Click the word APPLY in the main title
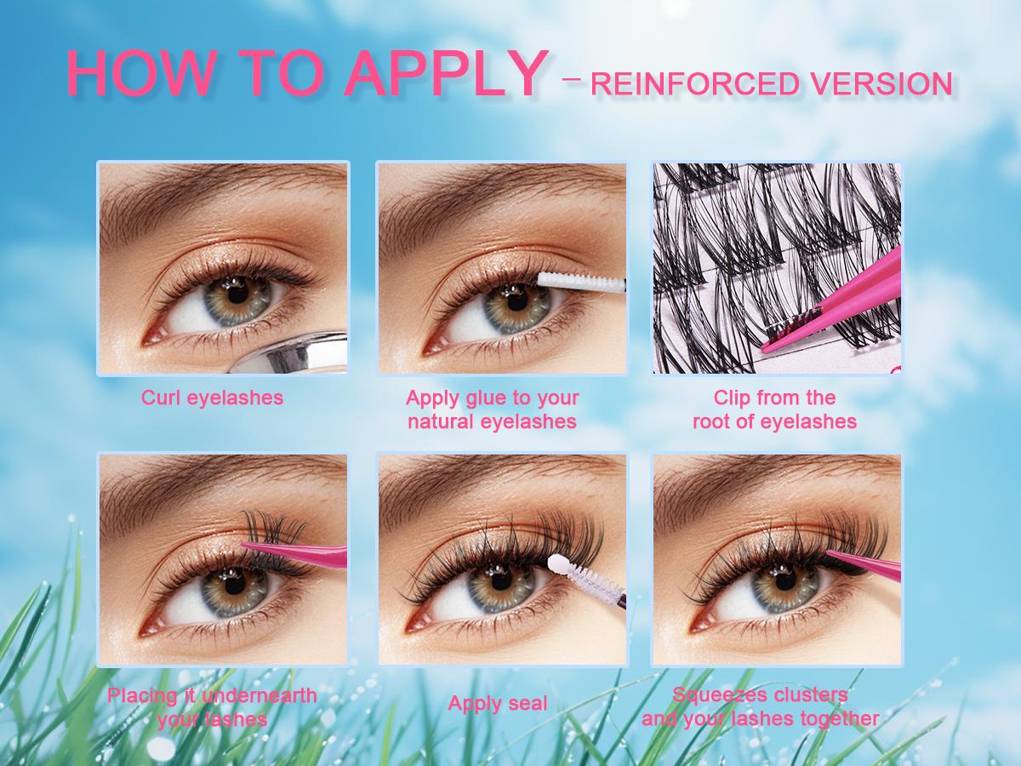pyautogui.click(x=446, y=74)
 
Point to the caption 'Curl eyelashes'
pyautogui.click(x=212, y=398)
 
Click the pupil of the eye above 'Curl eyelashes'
pyautogui.click(x=237, y=296)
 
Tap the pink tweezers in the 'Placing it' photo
pyautogui.click(x=295, y=553)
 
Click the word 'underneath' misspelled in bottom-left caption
pyautogui.click(x=260, y=695)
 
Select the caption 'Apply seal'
pyautogui.click(x=498, y=704)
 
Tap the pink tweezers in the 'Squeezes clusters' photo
pyautogui.click(x=864, y=563)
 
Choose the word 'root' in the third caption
pyautogui.click(x=711, y=422)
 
